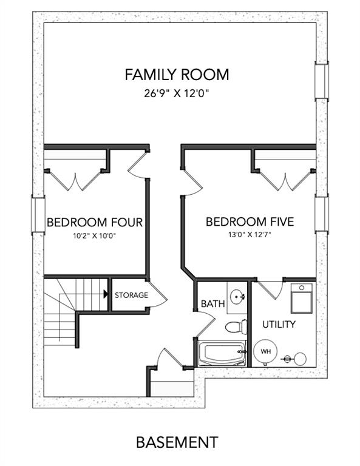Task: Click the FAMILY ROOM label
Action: point(177,75)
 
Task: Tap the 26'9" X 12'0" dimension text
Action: point(177,93)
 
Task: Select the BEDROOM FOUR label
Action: point(95,222)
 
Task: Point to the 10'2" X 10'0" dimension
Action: point(95,236)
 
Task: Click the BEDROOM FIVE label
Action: point(250,221)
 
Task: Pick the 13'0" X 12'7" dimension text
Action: point(250,235)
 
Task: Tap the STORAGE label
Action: point(131,295)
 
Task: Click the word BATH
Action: point(213,304)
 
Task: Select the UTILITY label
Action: point(279,324)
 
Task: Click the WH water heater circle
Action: point(265,351)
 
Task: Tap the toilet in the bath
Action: point(236,327)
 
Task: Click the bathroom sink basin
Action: point(237,297)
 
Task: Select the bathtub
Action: point(222,353)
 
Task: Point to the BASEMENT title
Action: point(177,442)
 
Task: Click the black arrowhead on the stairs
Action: point(106,294)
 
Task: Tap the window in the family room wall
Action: point(322,81)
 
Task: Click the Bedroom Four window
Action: point(38,215)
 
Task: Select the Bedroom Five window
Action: point(322,214)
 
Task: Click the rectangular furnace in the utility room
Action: point(302,298)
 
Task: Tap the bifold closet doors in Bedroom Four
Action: point(75,181)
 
